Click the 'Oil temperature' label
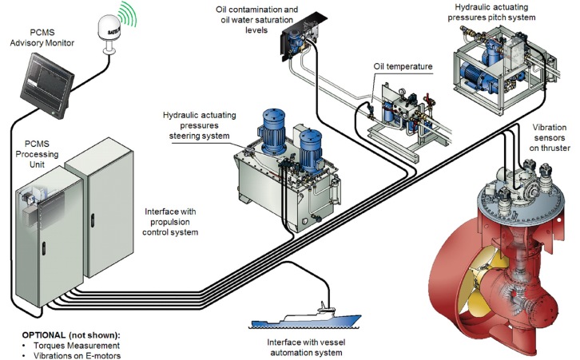[x=403, y=65]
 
